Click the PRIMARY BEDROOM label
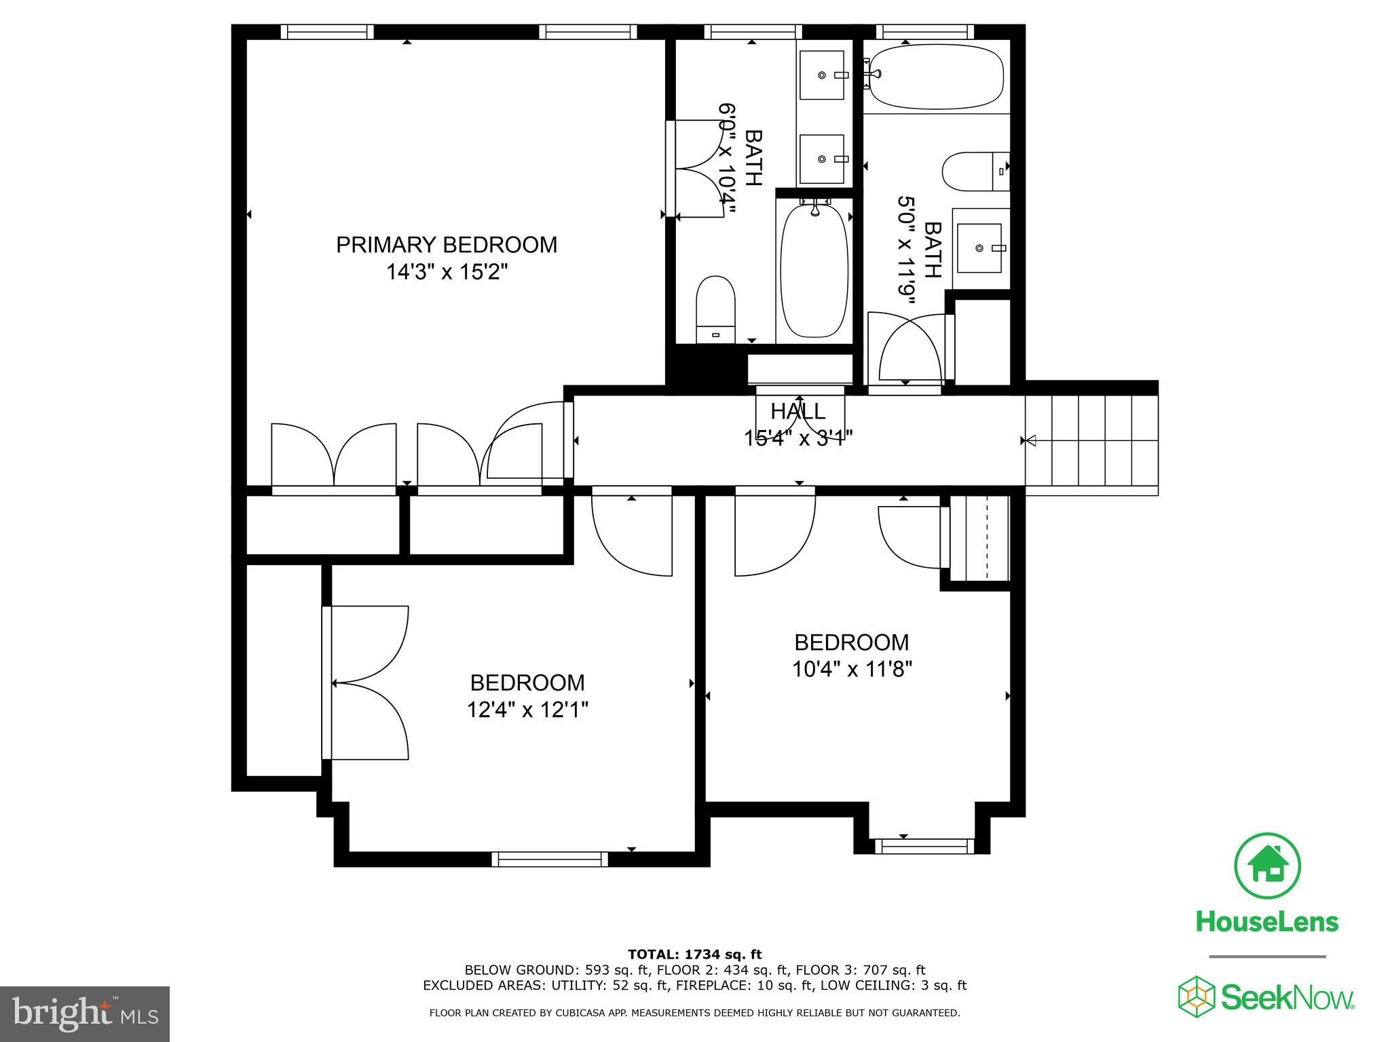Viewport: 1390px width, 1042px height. (x=447, y=244)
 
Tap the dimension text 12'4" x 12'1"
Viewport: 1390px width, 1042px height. (x=527, y=710)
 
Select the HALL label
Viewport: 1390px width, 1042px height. (x=798, y=411)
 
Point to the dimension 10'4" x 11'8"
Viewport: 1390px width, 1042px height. (x=852, y=670)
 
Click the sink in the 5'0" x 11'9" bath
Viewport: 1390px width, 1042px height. (x=979, y=248)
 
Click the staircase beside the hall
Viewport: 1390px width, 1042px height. (x=1091, y=440)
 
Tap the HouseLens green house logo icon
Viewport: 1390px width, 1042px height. (x=1267, y=866)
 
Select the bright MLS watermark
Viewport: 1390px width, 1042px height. (x=85, y=1014)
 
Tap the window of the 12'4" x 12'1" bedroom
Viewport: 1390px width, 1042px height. (x=550, y=859)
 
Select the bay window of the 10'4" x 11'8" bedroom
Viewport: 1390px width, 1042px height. (x=924, y=846)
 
